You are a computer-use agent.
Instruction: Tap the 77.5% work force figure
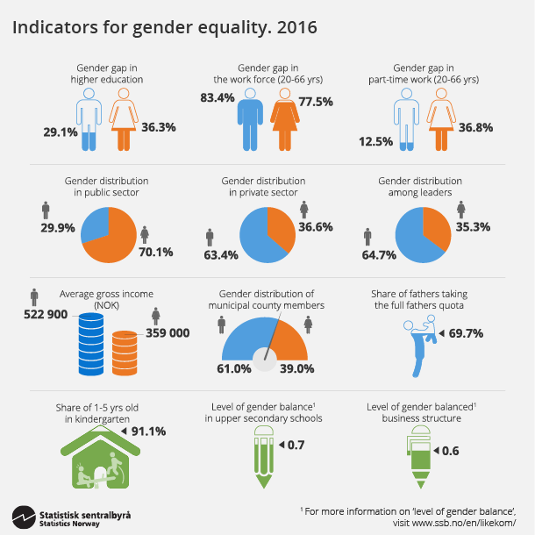[315, 102]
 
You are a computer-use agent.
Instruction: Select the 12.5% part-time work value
[378, 141]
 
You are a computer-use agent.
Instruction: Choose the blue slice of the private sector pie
[260, 237]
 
